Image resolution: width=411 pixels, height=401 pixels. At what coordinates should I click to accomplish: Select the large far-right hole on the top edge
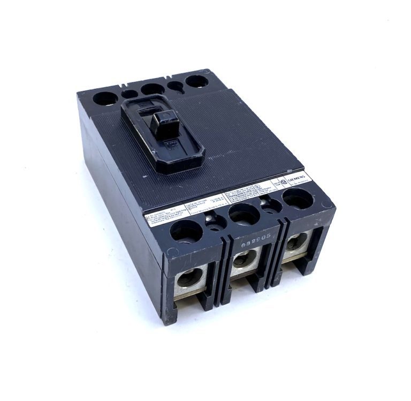197,81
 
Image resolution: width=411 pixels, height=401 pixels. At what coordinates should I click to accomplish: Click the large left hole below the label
186,230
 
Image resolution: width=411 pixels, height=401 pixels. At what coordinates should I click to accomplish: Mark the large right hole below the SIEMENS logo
297,199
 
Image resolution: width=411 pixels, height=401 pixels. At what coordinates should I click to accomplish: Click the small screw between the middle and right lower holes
271,205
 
